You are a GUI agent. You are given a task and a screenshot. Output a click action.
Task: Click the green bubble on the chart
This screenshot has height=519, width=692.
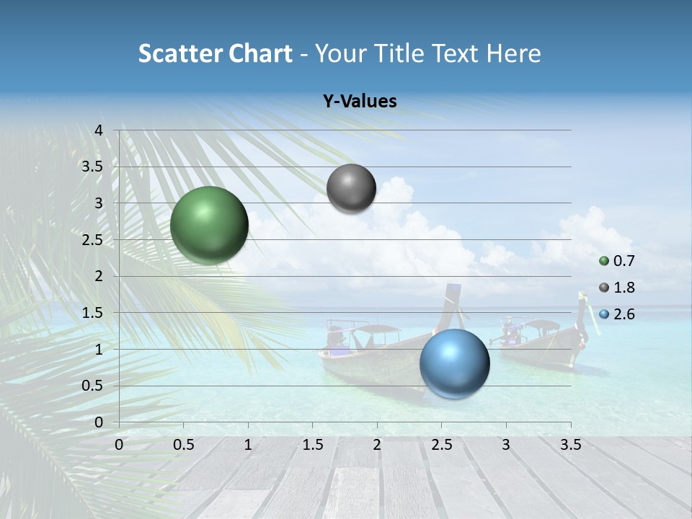click(209, 225)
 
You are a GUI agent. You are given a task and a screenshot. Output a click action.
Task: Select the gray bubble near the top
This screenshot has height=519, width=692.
click(351, 188)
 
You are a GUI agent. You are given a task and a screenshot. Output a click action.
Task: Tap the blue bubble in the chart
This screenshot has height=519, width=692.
click(454, 363)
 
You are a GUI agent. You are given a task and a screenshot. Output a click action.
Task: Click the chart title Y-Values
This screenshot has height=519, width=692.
click(360, 102)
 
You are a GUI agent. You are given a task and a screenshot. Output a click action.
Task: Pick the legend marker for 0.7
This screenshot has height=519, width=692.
click(604, 261)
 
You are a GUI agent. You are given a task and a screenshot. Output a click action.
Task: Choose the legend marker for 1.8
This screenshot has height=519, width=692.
click(604, 288)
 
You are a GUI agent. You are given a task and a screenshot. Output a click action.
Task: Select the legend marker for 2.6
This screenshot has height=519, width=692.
click(604, 314)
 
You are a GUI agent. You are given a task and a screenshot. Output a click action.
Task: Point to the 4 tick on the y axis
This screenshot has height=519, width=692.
click(99, 130)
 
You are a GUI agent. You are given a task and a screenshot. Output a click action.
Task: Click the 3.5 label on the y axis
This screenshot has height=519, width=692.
click(92, 167)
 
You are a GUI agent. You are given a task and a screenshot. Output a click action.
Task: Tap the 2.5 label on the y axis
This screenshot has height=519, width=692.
click(92, 240)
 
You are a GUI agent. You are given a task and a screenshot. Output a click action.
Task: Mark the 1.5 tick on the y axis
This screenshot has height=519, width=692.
click(92, 313)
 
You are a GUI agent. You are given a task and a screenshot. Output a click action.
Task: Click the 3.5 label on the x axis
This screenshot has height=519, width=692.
click(570, 445)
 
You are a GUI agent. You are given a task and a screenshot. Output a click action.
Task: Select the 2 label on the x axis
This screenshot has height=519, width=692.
click(377, 445)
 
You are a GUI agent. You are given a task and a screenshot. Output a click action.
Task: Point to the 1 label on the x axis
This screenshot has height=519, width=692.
click(248, 445)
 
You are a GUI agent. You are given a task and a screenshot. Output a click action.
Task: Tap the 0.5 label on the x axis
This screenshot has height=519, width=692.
click(184, 445)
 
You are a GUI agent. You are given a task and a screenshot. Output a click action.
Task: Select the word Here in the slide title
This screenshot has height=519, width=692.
click(513, 53)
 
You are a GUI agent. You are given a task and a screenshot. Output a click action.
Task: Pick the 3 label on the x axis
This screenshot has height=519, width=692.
click(506, 445)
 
